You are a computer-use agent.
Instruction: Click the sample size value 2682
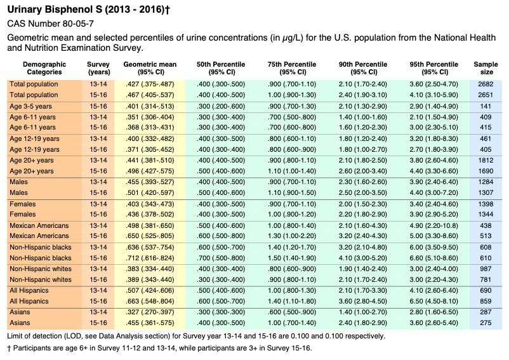[486, 84]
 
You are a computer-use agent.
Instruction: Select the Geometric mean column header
[150, 68]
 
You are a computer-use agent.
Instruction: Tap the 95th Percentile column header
[433, 68]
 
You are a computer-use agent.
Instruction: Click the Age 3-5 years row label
[31, 107]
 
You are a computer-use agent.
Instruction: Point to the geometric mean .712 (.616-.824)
[150, 258]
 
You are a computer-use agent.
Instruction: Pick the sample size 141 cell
[486, 107]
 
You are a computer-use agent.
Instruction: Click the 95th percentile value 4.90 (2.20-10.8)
[433, 225]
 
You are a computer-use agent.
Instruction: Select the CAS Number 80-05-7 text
[51, 23]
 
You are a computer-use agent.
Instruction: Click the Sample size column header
[486, 68]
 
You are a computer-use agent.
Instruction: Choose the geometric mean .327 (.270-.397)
[150, 312]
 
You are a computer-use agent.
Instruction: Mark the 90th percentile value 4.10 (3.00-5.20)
[363, 258]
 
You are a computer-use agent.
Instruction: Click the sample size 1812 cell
[486, 161]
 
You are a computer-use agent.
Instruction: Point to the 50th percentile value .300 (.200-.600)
[221, 107]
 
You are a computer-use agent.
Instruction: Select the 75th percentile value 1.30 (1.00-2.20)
[292, 236]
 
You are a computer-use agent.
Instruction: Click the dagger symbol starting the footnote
[9, 349]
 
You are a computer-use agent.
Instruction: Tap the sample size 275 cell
[486, 323]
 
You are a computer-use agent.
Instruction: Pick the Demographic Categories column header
[44, 68]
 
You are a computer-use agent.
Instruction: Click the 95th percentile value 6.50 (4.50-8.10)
[433, 301]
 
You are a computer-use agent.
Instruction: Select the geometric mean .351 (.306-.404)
[150, 117]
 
